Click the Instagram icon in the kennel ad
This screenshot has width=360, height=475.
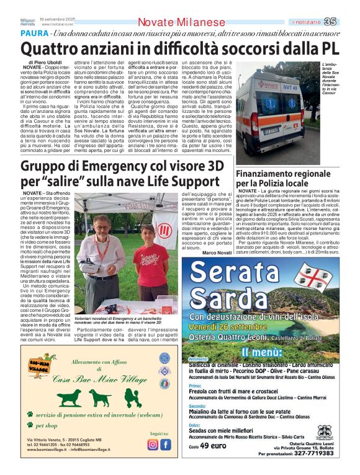153,445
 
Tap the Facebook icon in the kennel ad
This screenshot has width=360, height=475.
166,445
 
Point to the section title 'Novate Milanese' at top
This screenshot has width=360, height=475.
181,22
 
